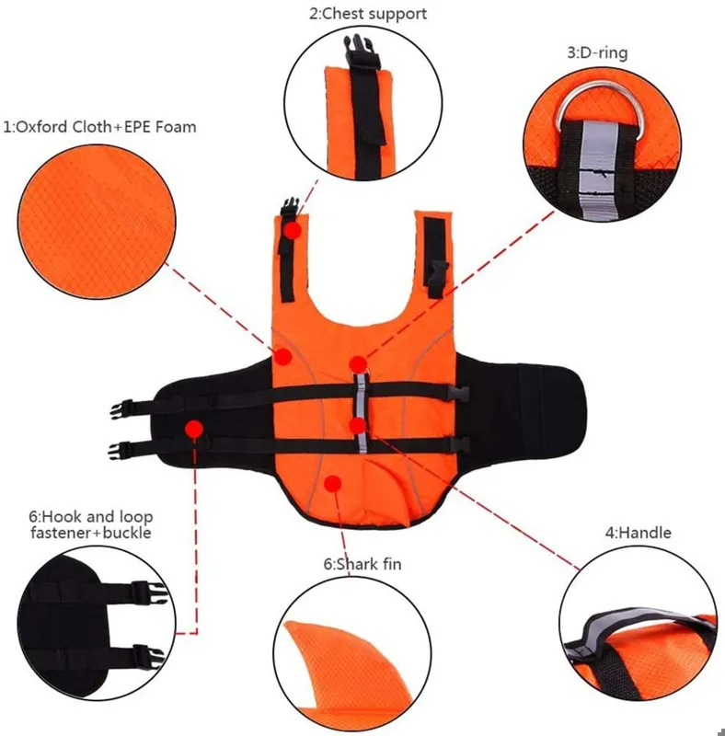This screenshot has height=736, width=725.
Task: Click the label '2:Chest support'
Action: point(368,14)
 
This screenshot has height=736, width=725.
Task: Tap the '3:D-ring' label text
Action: point(597,52)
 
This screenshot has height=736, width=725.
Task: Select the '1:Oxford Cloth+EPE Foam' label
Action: point(99,127)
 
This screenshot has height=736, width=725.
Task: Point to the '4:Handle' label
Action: point(639,533)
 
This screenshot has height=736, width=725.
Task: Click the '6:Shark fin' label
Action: point(362,563)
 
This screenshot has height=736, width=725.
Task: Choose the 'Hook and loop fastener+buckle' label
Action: point(91,524)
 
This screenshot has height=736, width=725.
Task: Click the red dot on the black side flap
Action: point(194,429)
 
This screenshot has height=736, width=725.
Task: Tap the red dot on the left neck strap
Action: point(293,231)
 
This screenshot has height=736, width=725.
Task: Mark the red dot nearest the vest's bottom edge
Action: point(332,484)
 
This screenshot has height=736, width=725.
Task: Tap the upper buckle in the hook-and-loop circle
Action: point(149,593)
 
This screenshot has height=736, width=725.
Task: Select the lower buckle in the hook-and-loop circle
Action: point(148,655)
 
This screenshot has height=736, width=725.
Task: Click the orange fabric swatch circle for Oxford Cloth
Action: point(97,222)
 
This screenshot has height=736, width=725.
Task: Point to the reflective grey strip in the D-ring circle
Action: point(597,170)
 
